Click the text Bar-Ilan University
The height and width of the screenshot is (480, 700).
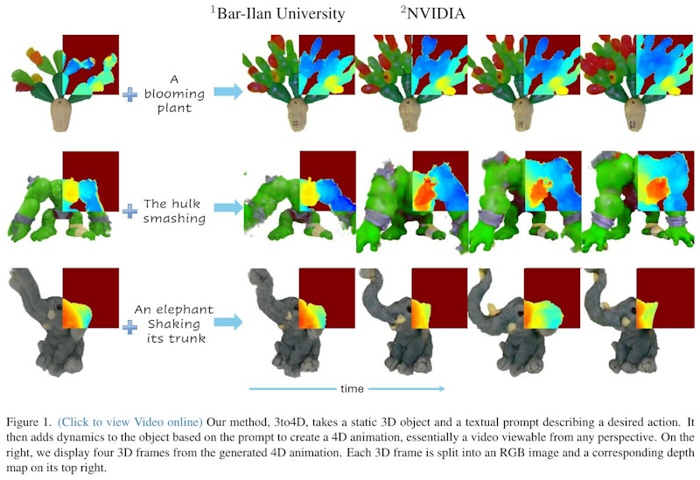pos(281,13)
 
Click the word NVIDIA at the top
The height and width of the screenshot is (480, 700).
pos(436,13)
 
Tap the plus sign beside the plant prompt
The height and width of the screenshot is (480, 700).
pos(129,94)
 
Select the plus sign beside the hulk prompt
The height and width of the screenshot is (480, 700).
pos(129,211)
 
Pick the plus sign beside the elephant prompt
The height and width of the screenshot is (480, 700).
pos(129,328)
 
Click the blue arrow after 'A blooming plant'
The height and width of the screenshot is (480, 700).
pos(228,92)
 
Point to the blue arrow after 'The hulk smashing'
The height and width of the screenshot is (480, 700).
pos(228,207)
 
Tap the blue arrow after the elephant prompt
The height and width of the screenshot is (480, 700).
pos(228,322)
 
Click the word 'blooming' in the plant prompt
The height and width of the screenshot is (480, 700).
pos(174,94)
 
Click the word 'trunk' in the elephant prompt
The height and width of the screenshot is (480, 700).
pos(188,338)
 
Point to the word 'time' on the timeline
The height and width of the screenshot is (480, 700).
pos(353,389)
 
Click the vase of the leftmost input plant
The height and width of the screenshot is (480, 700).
pos(61,115)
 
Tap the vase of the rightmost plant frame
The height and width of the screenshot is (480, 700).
pos(634,115)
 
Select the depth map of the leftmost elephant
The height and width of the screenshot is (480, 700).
pos(76,314)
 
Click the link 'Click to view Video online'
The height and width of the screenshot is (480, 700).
pos(130,422)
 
